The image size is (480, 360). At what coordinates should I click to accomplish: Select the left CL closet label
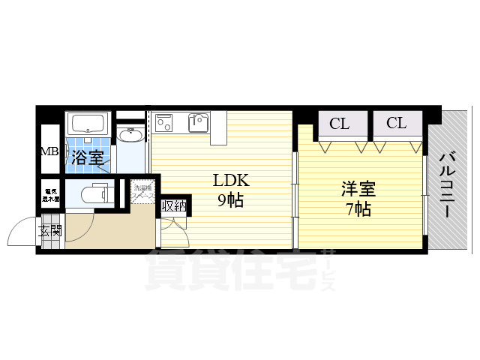[x=340, y=124]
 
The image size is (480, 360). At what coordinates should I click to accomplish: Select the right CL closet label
[x=397, y=124]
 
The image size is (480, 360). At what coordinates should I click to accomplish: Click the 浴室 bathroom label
[x=88, y=158]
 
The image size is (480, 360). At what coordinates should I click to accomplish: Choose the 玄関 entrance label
[x=50, y=230]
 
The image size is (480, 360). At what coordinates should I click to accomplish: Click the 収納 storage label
[x=173, y=205]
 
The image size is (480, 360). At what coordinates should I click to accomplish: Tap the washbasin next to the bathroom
[x=130, y=136]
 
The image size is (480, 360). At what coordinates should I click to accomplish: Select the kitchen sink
[x=199, y=121]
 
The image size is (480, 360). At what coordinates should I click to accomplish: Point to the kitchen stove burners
[x=166, y=121]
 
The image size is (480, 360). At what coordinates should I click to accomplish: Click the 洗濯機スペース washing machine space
[x=143, y=192]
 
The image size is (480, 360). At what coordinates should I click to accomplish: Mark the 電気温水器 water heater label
[x=51, y=194]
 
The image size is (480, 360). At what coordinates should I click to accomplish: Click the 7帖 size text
[x=357, y=209]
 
